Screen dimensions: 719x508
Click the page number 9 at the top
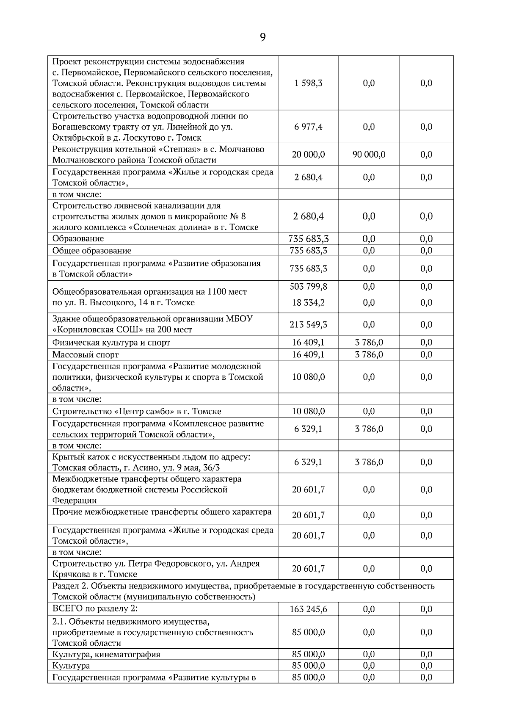(262, 38)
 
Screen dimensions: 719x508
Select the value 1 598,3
(308, 83)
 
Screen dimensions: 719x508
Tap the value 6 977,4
(308, 127)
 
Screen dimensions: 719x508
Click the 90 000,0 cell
(369, 155)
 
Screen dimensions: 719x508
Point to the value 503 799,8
(308, 287)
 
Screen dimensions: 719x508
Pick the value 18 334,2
(308, 303)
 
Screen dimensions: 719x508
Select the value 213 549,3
(308, 325)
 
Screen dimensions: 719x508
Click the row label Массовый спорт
(86, 354)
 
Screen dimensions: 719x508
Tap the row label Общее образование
(92, 251)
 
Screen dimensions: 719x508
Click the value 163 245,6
(308, 609)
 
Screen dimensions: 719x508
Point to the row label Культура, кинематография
(106, 654)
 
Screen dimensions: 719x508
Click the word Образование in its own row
(78, 238)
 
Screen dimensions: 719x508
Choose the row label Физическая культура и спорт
(111, 343)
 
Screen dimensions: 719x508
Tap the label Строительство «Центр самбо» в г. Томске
(137, 411)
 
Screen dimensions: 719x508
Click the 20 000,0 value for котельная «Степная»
(308, 155)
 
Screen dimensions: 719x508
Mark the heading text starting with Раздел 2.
(243, 586)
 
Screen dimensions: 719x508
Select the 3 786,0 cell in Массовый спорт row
(369, 354)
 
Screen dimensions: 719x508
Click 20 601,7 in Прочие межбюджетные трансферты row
(308, 515)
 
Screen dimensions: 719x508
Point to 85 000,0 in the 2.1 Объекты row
(308, 632)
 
